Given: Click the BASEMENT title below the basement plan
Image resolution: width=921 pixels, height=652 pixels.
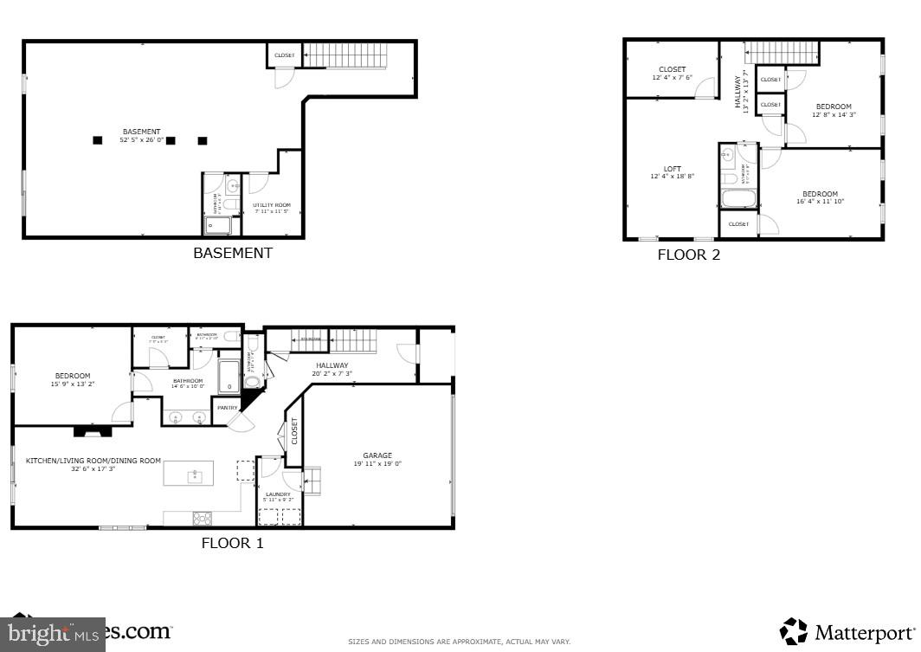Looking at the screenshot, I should click(232, 254).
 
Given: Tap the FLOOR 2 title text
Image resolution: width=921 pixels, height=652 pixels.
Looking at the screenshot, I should click(688, 255).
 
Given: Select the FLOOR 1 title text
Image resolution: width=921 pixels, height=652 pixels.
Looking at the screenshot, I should click(232, 544).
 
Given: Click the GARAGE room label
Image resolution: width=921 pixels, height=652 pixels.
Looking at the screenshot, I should click(377, 455).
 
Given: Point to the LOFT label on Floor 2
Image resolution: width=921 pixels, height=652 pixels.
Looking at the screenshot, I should click(673, 169).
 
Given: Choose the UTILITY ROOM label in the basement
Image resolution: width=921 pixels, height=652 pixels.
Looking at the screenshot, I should click(271, 205).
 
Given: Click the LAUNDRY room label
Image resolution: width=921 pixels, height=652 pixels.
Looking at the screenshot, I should click(278, 494).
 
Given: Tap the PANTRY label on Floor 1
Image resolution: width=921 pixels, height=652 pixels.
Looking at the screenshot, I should click(228, 407).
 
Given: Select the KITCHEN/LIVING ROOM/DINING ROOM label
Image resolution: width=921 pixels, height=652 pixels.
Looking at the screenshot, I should click(93, 461).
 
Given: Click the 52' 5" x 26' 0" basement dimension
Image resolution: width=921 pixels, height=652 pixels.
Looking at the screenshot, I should click(141, 139).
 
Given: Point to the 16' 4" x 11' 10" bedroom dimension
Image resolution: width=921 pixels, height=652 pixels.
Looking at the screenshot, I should click(820, 202).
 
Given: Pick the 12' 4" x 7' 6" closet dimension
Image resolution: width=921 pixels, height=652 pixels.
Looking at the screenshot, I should click(672, 78).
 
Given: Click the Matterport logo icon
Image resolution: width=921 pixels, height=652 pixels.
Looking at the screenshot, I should click(793, 631).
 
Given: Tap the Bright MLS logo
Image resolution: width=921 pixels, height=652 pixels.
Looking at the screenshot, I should click(52, 634).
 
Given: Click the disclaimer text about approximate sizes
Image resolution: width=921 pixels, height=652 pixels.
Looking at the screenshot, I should click(460, 642).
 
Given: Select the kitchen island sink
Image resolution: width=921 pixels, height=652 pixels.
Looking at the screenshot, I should click(196, 474).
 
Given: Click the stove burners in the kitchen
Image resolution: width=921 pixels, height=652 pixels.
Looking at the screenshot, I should click(202, 518).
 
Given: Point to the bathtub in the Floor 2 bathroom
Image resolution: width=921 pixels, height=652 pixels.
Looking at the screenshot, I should click(739, 198).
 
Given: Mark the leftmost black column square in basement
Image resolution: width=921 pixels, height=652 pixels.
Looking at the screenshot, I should click(98, 139).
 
